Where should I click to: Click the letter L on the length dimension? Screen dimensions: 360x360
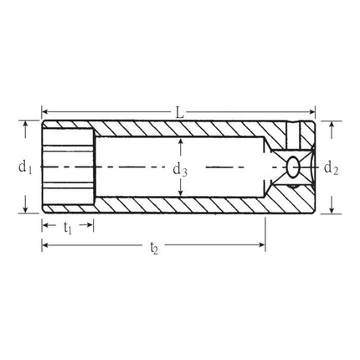tap(178, 111)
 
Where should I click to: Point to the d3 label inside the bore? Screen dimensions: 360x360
tap(179, 169)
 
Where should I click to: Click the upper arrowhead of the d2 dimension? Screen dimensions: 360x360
tap(332, 126)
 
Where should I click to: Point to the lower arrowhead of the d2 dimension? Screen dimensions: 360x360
tap(332, 208)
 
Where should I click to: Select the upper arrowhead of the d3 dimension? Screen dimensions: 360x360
tap(179, 142)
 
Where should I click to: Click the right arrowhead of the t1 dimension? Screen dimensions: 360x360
tap(90, 224)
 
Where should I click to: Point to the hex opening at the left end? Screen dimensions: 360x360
tap(67, 167)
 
